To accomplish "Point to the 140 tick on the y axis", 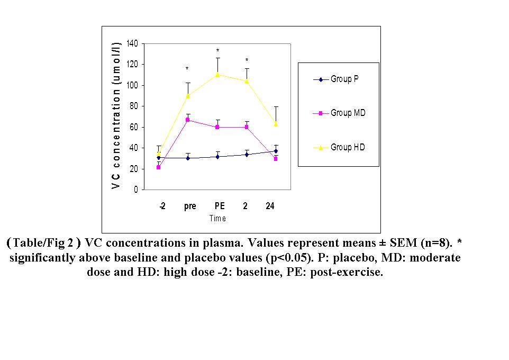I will pyautogui.click(x=132, y=43).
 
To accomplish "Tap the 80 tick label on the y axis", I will pyautogui.click(x=133, y=106).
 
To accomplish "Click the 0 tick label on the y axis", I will pyautogui.click(x=135, y=190).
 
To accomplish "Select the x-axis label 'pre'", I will pyautogui.click(x=190, y=206).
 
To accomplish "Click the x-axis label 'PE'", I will pyautogui.click(x=220, y=206).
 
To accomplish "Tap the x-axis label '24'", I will pyautogui.click(x=270, y=206).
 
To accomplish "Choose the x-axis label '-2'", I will pyautogui.click(x=162, y=206).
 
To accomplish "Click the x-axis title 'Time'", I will pyautogui.click(x=217, y=218).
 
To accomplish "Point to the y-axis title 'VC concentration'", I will pyautogui.click(x=116, y=115).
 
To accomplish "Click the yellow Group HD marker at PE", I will pyautogui.click(x=217, y=74).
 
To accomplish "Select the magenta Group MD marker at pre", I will pyautogui.click(x=188, y=120).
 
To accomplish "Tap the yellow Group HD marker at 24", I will pyautogui.click(x=276, y=124).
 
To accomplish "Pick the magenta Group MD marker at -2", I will pyautogui.click(x=158, y=167).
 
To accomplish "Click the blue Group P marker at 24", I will pyautogui.click(x=276, y=151).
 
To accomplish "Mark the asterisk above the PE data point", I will pyautogui.click(x=217, y=51).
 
